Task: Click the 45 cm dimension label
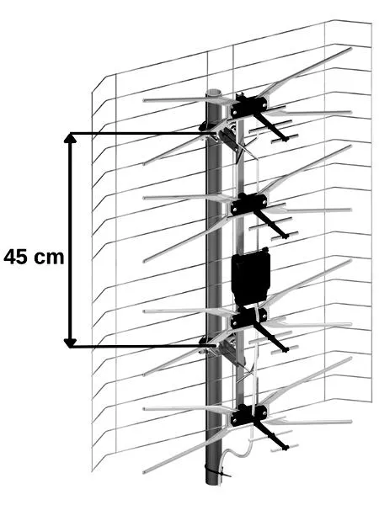[35, 257]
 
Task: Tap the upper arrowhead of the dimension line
[70, 137]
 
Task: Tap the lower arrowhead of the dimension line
[70, 343]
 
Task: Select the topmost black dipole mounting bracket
[248, 106]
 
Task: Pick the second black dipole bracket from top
[248, 204]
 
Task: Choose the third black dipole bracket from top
[248, 317]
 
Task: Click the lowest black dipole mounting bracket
[248, 415]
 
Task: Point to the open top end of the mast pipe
[214, 93]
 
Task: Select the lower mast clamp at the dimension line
[219, 346]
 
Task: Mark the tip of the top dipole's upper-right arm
[350, 49]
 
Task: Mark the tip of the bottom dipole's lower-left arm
[144, 472]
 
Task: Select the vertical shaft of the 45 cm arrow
[70, 240]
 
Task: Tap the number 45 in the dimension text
[16, 257]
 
